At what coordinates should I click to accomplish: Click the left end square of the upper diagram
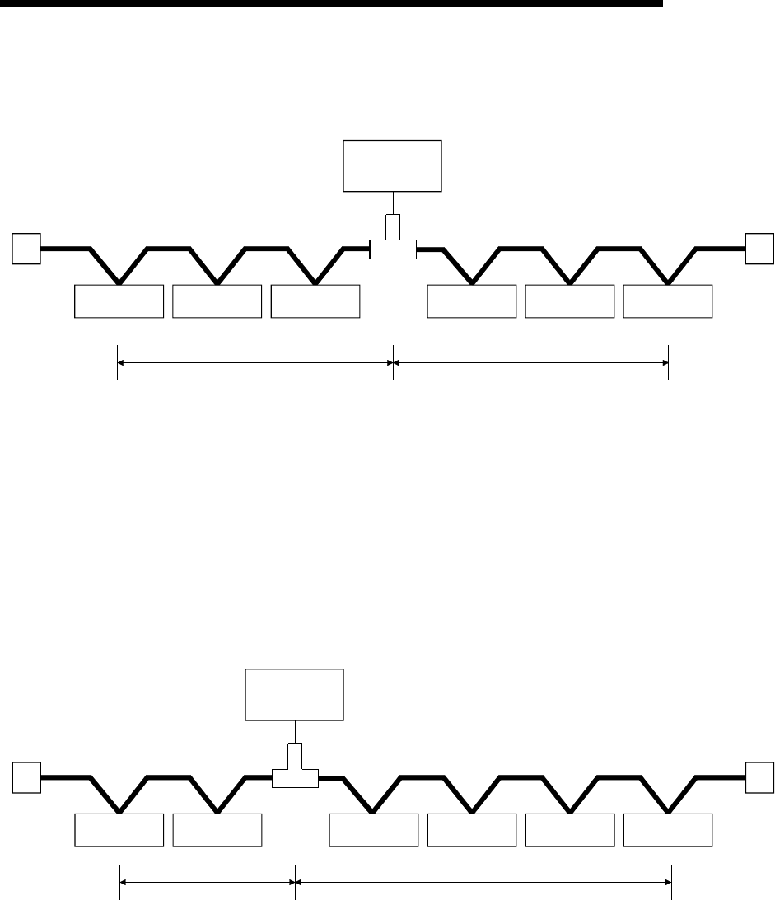26,248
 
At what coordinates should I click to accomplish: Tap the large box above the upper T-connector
393,166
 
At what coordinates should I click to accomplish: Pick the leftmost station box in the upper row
119,301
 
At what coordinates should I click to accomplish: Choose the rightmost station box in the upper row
668,301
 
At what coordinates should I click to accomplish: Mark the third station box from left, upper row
315,301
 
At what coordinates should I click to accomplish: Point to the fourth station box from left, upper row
471,301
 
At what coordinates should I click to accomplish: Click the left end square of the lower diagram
26,776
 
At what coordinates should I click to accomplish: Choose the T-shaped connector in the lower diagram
295,771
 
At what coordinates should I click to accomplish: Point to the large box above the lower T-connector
295,694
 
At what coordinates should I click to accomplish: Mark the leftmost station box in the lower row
119,830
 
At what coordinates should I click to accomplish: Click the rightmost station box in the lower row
668,830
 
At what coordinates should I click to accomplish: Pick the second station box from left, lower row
217,830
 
